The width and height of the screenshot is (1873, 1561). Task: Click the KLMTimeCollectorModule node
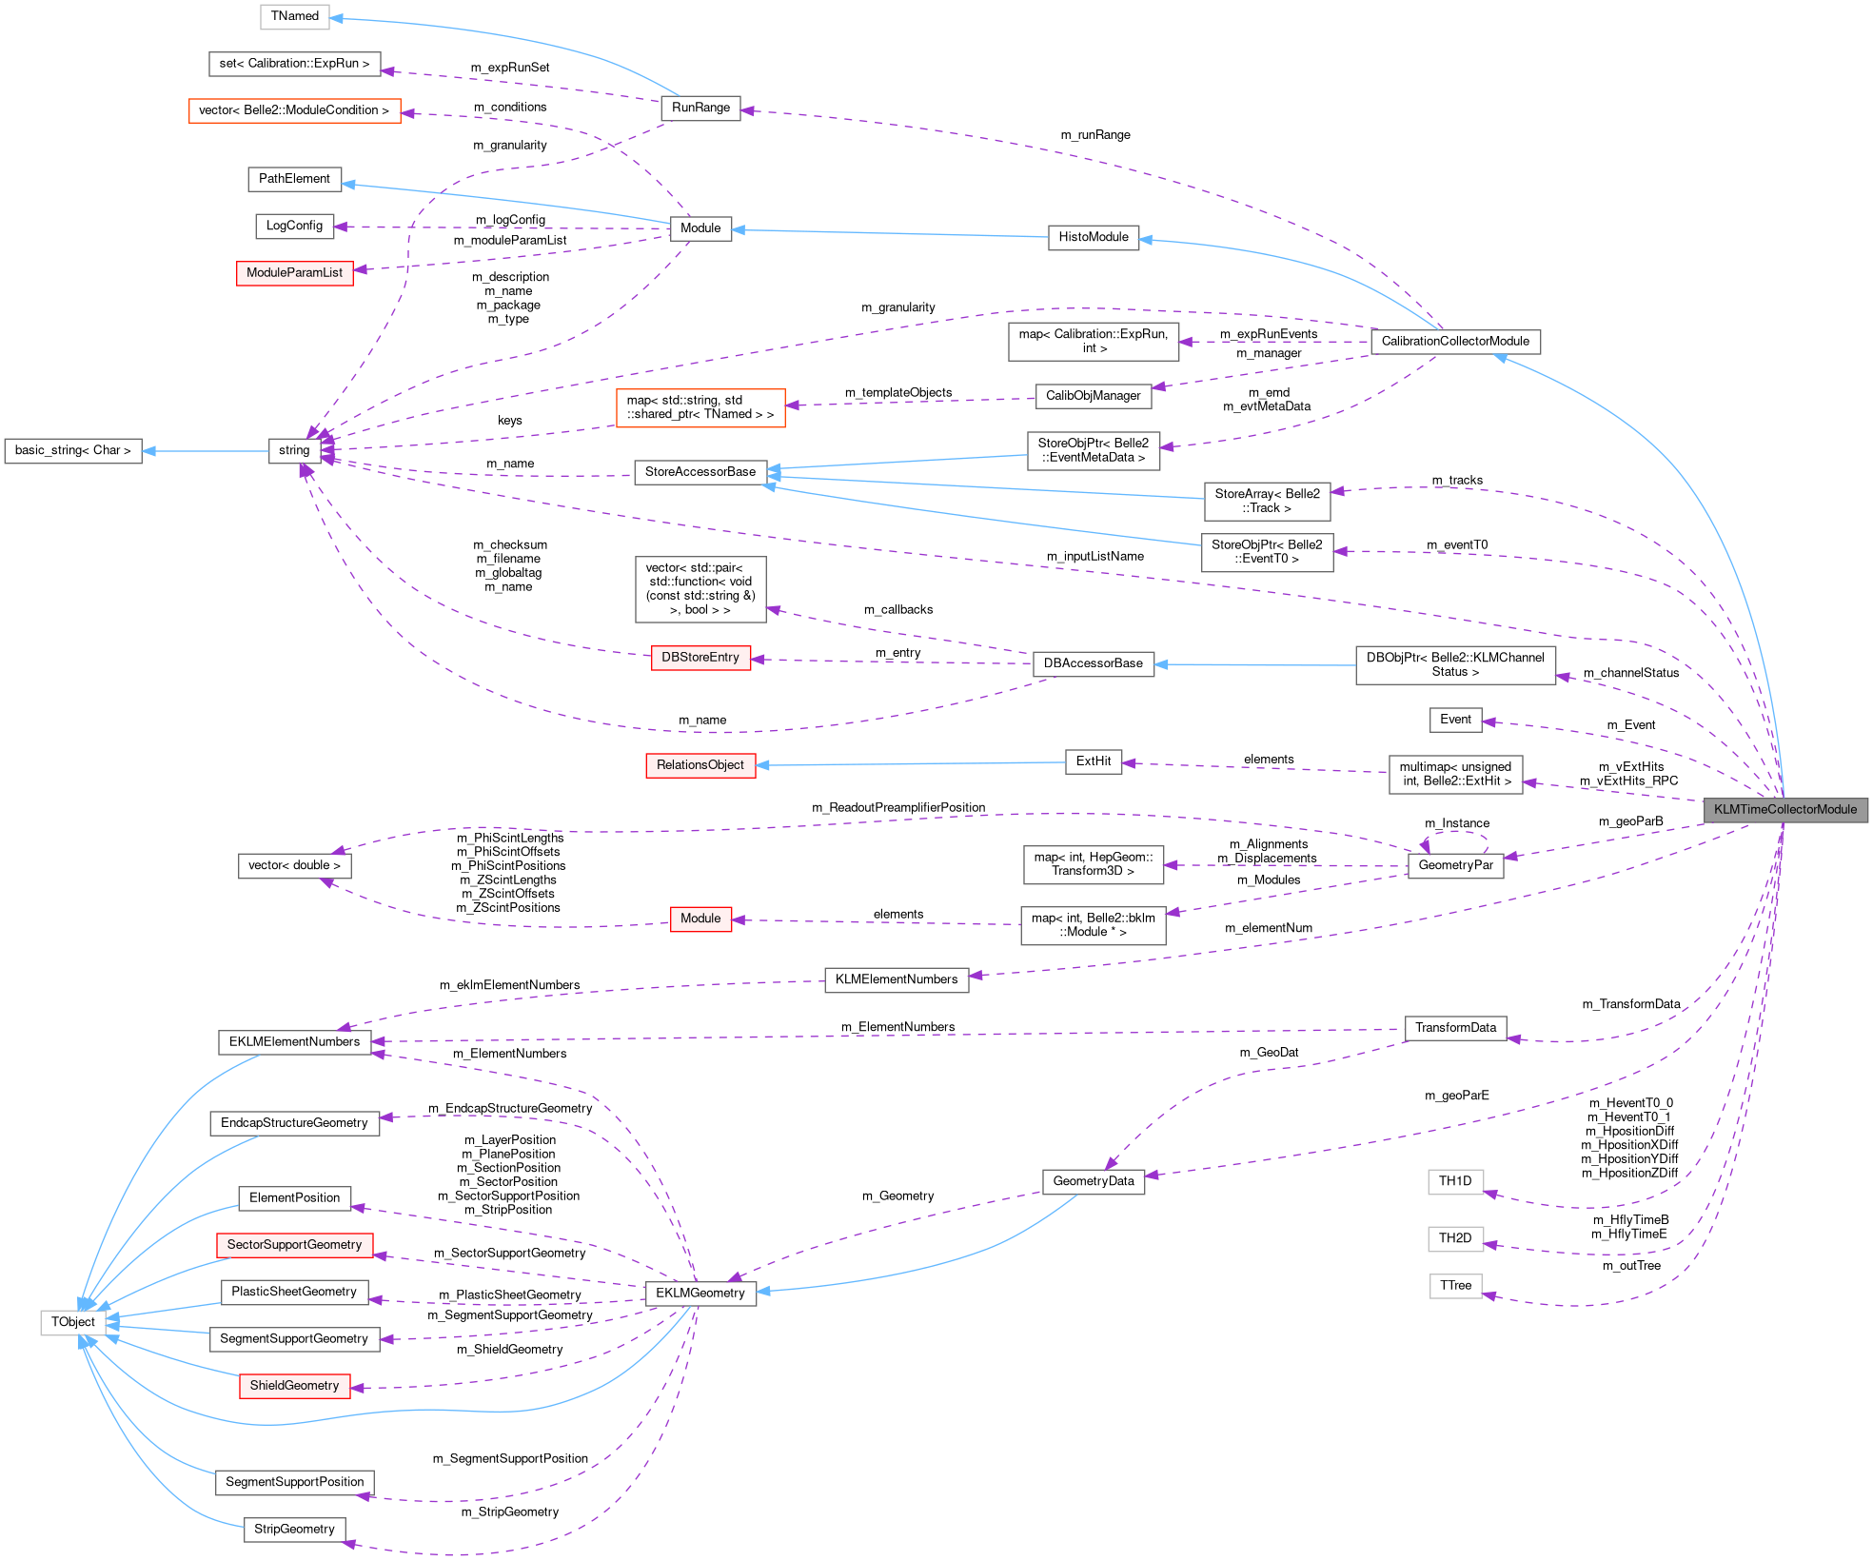(1784, 809)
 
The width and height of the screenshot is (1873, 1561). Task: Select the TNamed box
(294, 16)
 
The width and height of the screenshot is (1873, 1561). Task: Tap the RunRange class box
(700, 108)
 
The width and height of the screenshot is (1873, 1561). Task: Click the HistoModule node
(1093, 237)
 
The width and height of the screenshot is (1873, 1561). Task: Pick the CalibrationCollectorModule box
(1454, 341)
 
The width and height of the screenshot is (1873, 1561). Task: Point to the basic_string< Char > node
(72, 450)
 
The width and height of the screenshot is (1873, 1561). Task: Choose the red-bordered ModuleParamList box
(294, 272)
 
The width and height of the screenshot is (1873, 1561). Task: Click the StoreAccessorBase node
(700, 471)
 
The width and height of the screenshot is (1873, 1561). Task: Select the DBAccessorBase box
(1093, 663)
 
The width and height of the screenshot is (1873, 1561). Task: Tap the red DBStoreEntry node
(700, 658)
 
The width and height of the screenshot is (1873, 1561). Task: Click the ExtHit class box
(1093, 761)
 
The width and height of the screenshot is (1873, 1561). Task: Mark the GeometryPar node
(1454, 865)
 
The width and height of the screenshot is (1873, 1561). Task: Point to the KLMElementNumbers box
(896, 979)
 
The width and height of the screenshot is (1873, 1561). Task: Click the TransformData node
(1454, 1028)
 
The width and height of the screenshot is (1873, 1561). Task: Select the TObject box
(72, 1322)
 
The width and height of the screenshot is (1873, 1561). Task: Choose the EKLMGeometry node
(700, 1293)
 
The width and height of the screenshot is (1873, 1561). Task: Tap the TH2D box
(1454, 1238)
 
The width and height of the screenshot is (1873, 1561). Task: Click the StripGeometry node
(294, 1529)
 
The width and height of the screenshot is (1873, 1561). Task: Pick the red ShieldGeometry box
(294, 1386)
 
